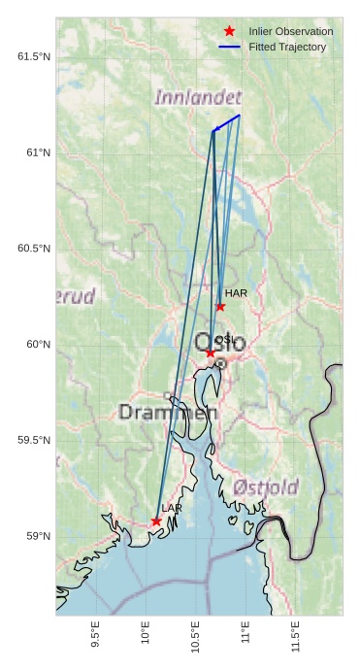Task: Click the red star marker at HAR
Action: tap(220, 307)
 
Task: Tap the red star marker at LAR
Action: tap(156, 521)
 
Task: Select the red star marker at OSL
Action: tap(210, 352)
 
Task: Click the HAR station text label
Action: tap(236, 292)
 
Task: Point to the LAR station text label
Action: tap(172, 508)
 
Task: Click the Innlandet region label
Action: tap(198, 98)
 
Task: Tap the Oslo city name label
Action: tap(220, 344)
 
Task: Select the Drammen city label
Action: tap(168, 413)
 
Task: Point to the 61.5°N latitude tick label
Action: tap(34, 56)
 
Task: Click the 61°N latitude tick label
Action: tap(37, 152)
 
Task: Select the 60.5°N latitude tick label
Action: tap(34, 249)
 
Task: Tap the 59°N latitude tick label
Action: tap(37, 536)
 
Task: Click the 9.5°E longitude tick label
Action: tap(95, 635)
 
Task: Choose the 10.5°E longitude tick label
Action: tap(195, 635)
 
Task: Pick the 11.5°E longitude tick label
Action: tap(295, 635)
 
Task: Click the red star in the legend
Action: tap(229, 31)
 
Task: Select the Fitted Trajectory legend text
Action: tap(287, 47)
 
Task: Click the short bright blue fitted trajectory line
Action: tap(227, 122)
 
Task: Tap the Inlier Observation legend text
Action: tap(290, 31)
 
